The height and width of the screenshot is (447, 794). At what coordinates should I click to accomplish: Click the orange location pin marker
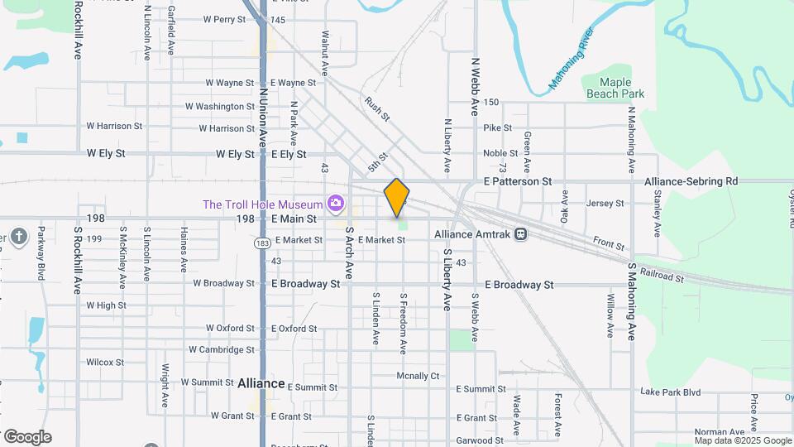397,197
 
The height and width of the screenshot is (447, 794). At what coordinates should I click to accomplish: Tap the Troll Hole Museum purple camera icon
335,203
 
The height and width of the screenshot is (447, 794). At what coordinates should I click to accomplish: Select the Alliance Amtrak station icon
521,234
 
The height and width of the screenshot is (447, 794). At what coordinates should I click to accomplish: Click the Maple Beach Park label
615,88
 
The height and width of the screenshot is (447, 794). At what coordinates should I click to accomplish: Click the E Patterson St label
518,181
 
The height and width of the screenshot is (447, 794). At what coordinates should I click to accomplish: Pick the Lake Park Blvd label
670,392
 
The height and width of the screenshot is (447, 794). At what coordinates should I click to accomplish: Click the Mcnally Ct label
418,376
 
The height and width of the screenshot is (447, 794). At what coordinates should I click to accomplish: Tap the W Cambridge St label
222,350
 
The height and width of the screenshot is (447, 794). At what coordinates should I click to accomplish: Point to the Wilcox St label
105,363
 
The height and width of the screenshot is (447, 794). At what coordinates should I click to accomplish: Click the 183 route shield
263,243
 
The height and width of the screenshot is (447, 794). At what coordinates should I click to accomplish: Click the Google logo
27,437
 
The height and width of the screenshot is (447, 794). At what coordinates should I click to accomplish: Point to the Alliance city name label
261,384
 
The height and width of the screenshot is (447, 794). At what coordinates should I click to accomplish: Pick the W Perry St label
225,19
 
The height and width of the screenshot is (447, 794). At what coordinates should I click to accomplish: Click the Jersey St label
604,204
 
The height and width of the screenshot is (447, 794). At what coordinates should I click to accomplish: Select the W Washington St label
220,107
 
